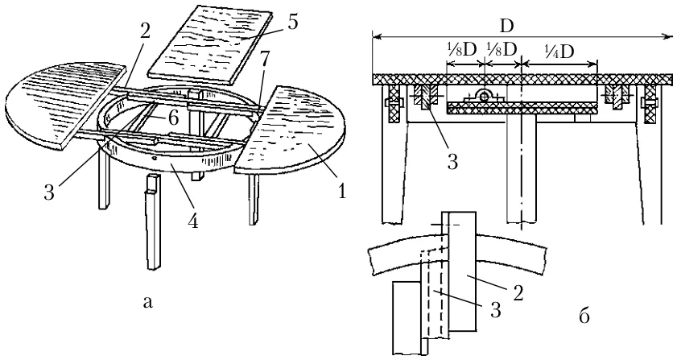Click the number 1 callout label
[342, 191]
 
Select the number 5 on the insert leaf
[293, 22]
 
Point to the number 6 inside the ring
[173, 118]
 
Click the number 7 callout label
[263, 60]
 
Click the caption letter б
[584, 317]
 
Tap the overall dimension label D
[507, 27]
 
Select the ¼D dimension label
[559, 52]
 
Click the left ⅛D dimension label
[461, 50]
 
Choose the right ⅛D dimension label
[502, 50]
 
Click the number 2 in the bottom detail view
[518, 292]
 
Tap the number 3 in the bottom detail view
[496, 309]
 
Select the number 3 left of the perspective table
[49, 192]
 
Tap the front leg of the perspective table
[152, 221]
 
